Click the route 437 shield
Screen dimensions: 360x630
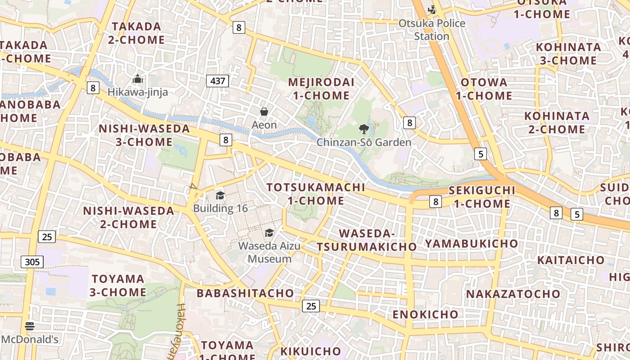217,81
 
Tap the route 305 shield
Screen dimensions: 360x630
32,261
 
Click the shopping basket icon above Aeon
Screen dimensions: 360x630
264,112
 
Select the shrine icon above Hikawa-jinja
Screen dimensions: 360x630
138,80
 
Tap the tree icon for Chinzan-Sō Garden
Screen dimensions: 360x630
364,130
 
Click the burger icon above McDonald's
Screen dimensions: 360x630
30,326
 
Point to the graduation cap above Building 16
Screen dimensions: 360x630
220,195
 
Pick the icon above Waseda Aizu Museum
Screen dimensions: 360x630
269,233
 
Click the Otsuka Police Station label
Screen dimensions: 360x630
432,29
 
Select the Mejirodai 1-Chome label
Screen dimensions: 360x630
321,89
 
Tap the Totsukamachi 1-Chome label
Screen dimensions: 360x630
315,194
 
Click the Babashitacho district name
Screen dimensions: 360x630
245,293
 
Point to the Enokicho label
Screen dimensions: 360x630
425,314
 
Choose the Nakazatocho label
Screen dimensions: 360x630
513,294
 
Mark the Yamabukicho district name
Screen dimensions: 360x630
472,243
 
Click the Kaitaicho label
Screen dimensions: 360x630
571,260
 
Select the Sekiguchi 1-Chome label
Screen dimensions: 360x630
482,197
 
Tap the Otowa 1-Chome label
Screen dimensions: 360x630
484,89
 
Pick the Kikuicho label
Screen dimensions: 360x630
310,351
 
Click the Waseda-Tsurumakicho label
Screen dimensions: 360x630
366,240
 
